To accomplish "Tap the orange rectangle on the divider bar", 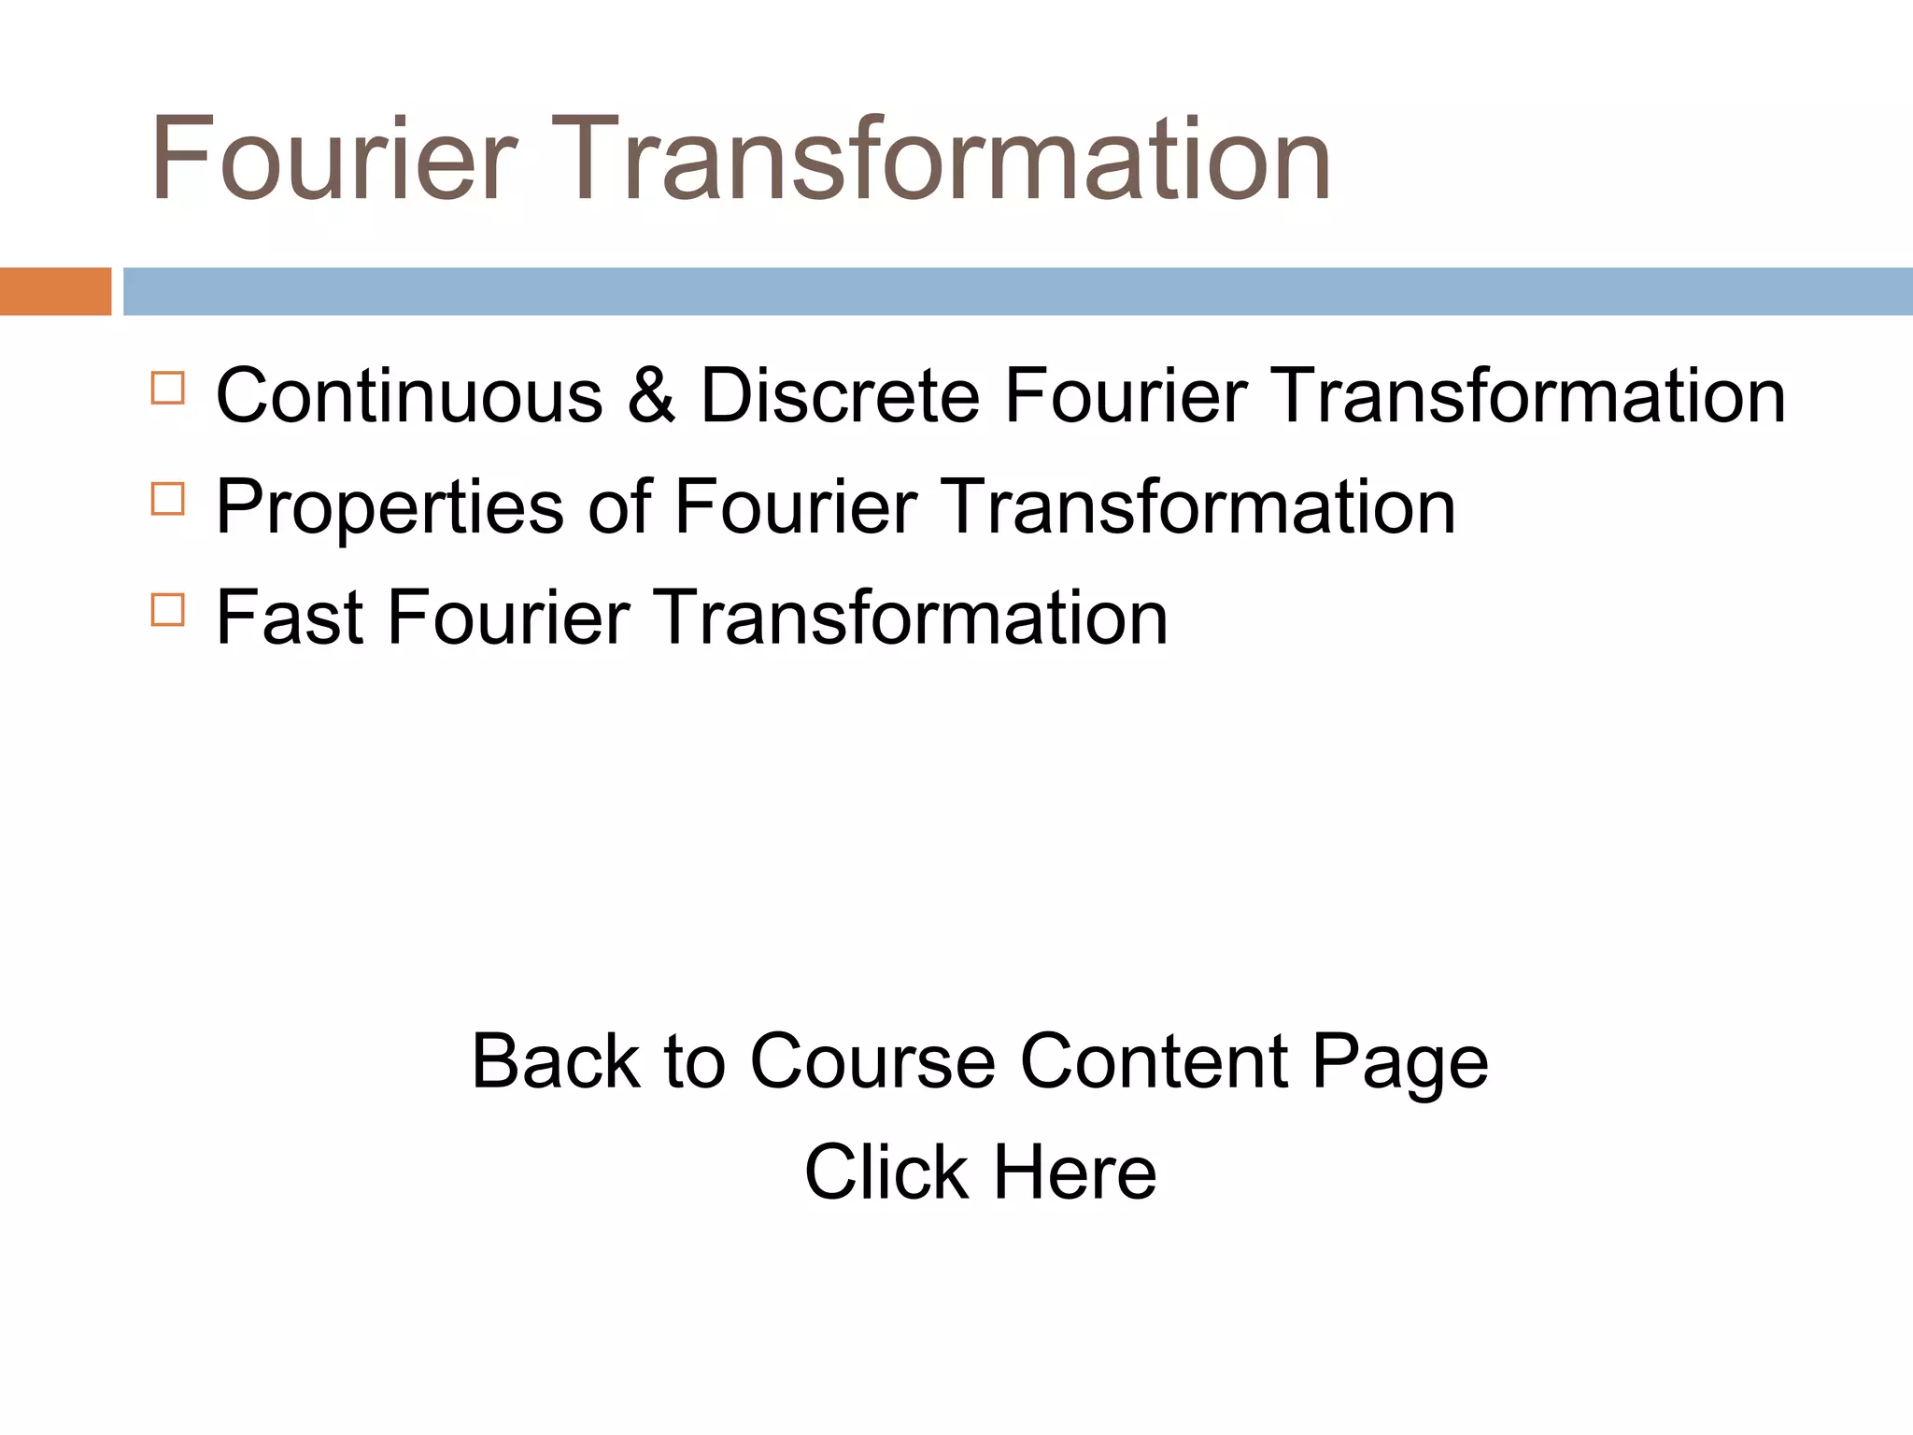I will tap(55, 291).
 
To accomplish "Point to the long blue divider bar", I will tap(1017, 291).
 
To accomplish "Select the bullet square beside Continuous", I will tap(167, 388).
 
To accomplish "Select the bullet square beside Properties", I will tap(167, 499).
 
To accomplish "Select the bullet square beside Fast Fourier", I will tap(167, 610).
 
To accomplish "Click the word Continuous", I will tap(409, 396).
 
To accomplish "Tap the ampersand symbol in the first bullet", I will tap(651, 396).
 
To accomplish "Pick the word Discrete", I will tap(840, 396).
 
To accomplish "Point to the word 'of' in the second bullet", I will tap(619, 507).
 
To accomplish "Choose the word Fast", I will tap(290, 618).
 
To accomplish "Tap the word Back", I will tap(556, 1061).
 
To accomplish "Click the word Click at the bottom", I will tap(886, 1172).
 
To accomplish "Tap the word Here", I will tap(1074, 1172).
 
